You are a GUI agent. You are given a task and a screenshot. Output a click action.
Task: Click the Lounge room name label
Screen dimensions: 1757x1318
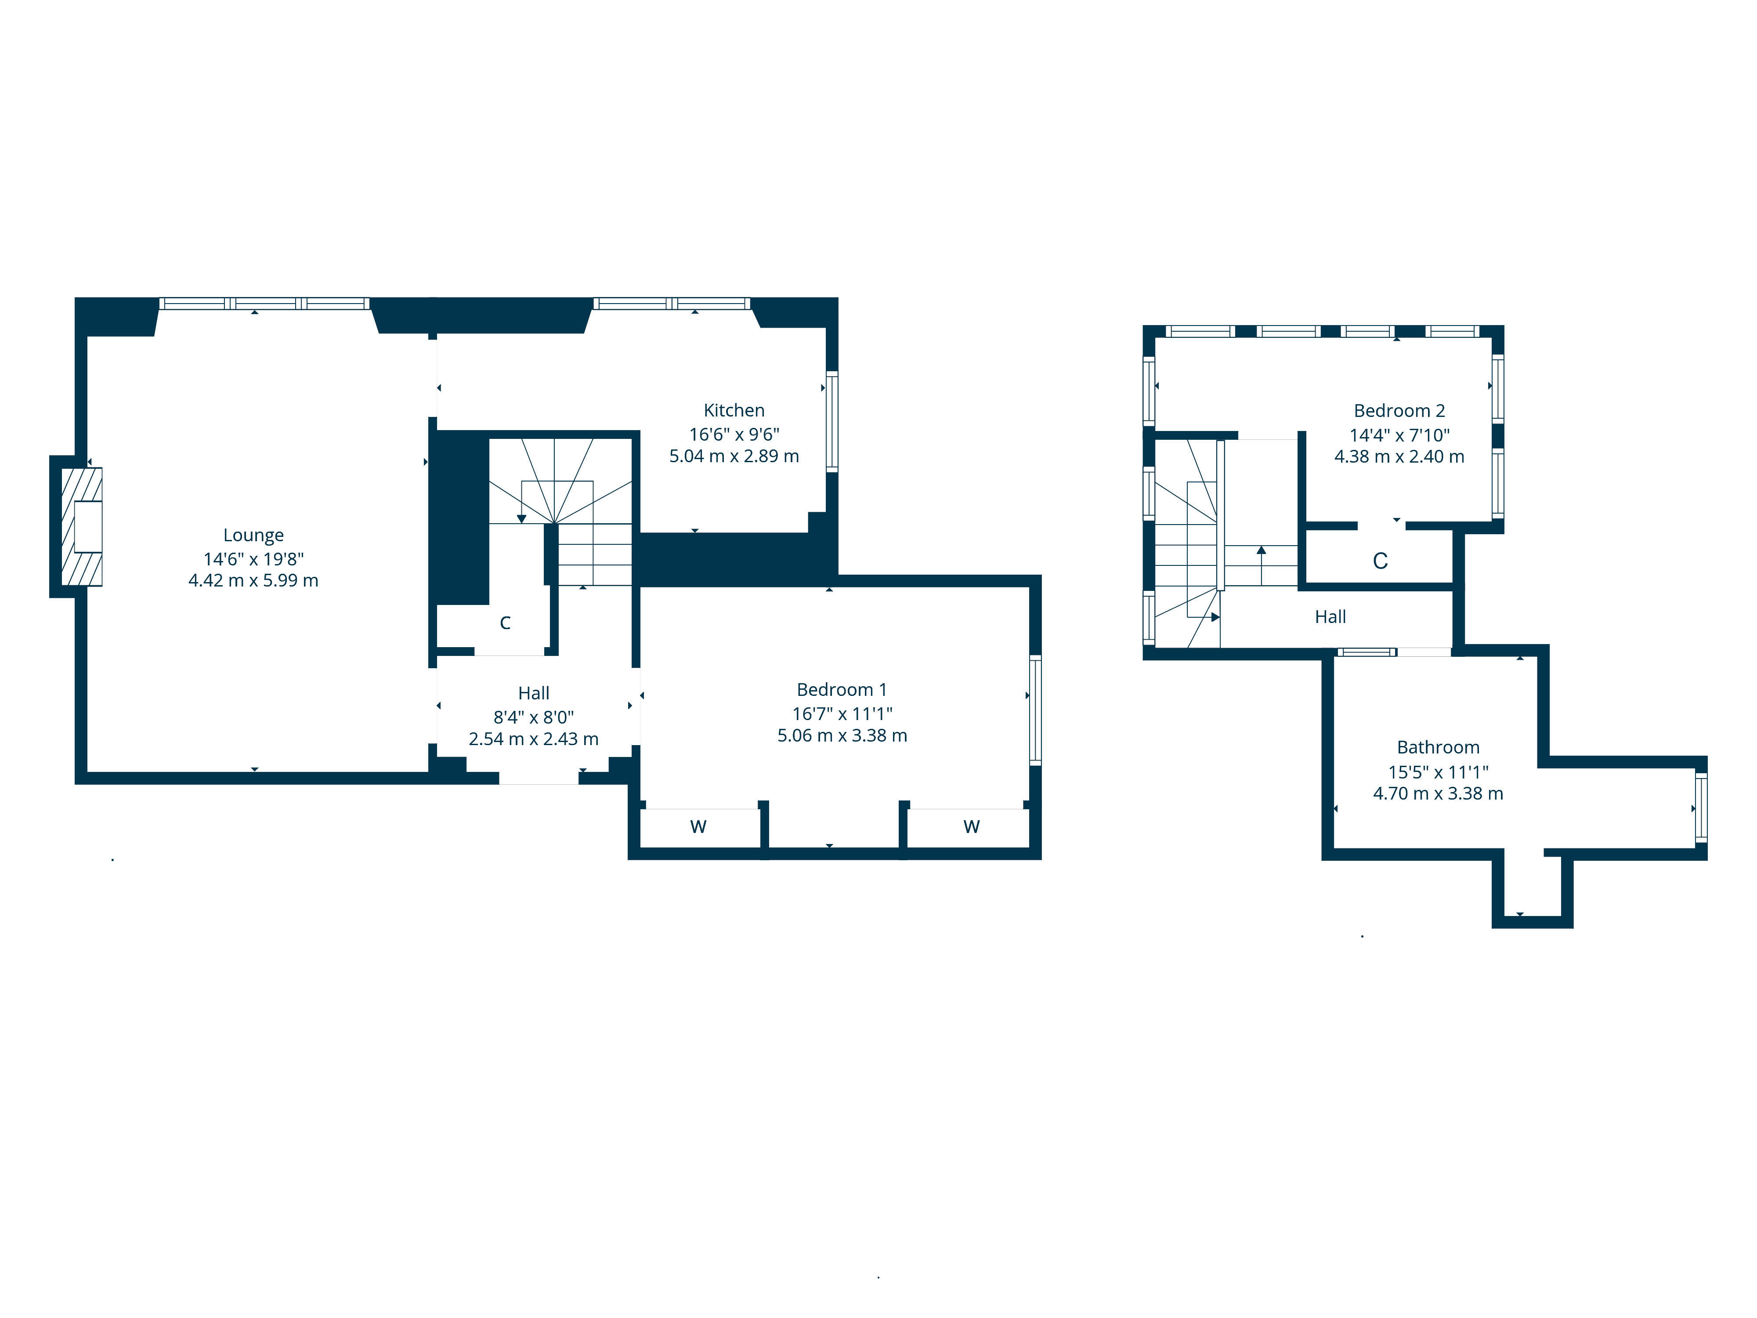[x=253, y=536]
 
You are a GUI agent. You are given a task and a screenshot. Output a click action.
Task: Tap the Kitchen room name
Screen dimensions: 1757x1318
[x=734, y=411]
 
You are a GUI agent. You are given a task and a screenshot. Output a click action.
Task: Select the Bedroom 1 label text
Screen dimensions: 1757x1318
[x=842, y=690]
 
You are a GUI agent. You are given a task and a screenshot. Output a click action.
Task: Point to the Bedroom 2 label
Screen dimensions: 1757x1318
[x=1399, y=411]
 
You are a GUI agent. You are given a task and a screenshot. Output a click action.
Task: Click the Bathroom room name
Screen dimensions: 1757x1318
[x=1439, y=748]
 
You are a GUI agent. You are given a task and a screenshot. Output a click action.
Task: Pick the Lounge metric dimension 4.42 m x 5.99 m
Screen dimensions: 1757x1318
[x=253, y=581]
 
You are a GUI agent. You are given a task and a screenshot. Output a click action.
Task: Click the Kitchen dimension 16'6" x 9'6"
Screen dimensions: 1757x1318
[x=734, y=435]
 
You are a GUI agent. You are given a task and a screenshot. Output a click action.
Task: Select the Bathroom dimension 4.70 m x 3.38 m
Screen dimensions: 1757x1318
[x=1439, y=794]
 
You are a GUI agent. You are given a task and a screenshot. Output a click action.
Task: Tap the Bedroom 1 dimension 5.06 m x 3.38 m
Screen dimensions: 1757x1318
[x=842, y=736]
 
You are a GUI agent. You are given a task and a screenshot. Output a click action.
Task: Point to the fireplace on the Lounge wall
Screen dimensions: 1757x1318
[x=82, y=527]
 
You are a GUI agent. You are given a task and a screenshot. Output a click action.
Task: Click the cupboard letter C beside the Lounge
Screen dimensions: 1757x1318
[x=505, y=623]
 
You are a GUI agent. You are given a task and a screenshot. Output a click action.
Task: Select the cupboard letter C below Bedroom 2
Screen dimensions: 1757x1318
[x=1381, y=561]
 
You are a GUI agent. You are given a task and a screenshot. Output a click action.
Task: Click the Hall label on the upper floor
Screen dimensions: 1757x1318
[x=1330, y=617]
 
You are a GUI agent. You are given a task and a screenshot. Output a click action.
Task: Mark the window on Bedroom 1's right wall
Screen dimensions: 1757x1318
[x=1036, y=710]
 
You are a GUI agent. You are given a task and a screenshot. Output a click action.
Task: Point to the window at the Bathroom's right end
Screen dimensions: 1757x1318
[x=1701, y=807]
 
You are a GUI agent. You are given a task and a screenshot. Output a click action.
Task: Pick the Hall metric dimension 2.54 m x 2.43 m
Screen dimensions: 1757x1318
[x=534, y=740]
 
